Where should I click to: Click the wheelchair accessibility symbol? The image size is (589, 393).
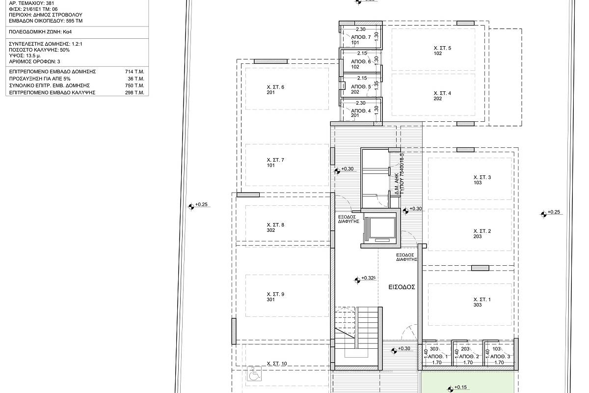pos(255,373)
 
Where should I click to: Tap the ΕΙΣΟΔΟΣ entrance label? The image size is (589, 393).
pos(402,287)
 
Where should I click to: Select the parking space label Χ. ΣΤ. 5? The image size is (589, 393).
pos(442,48)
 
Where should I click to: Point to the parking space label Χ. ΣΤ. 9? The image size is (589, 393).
pos(275,294)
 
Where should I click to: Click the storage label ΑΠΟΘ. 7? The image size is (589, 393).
pos(361,37)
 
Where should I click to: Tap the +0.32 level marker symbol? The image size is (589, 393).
pos(357,281)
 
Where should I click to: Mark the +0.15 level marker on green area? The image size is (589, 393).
pos(451,389)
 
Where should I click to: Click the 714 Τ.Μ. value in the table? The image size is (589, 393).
pos(134,72)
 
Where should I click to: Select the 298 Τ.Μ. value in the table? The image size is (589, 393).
pos(134,93)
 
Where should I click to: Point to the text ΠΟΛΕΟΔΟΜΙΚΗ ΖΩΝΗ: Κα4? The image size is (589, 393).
pos(40,32)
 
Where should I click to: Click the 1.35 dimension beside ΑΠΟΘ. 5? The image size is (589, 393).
pos(376,85)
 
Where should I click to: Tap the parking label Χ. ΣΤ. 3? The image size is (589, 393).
pos(482,177)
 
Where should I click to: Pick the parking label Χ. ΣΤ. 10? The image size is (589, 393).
pos(277,364)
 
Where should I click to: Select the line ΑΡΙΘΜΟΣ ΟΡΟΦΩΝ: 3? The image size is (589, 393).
pos(34,61)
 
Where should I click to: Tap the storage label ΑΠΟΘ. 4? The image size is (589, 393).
pos(361,111)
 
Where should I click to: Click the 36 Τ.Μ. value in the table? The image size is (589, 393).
pos(136,79)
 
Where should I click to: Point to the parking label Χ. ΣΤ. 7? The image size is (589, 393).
pos(275,160)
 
